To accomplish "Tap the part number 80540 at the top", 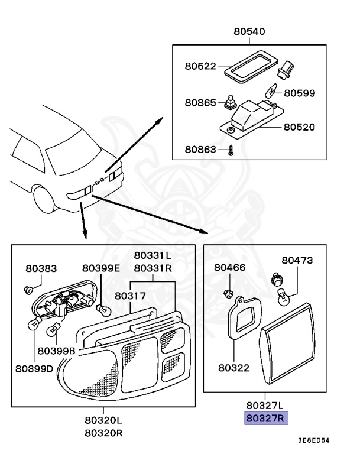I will [249, 32].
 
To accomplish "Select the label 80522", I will [200, 66].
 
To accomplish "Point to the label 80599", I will [300, 93].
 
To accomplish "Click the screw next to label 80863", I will [232, 150].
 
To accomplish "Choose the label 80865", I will [200, 102].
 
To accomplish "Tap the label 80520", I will [300, 127].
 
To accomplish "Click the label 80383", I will [41, 268].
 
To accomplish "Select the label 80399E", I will [101, 268].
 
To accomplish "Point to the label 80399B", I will [57, 351].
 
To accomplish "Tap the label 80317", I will [130, 295].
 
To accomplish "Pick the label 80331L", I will [153, 255].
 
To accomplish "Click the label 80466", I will [229, 267].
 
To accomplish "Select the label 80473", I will [297, 260].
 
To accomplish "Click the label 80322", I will [234, 368].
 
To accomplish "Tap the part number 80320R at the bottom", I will [103, 432].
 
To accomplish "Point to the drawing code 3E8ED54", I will [314, 441].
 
